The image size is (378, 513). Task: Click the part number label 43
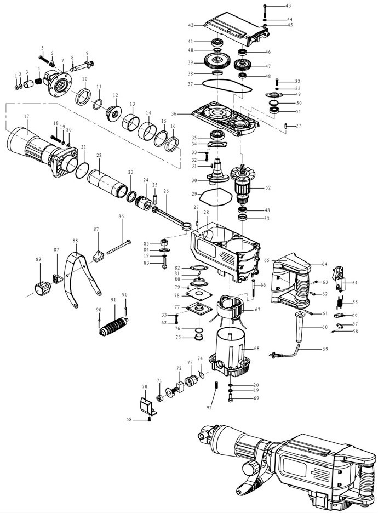[x=273, y=5]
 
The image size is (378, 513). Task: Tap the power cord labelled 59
[x=290, y=350]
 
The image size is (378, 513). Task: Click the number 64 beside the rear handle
[x=324, y=264]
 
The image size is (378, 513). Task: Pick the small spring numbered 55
[x=340, y=301]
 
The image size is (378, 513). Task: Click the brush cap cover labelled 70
[x=146, y=406]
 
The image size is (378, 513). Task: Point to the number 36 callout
[x=174, y=114]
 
